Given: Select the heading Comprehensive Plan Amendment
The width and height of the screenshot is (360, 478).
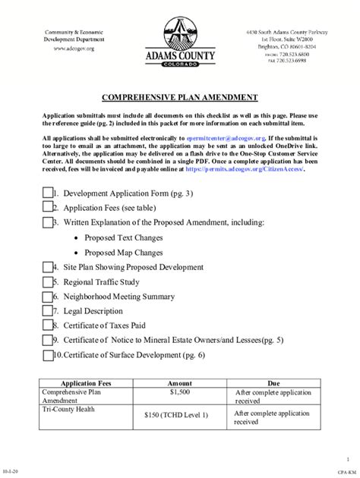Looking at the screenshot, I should coord(179,97).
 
